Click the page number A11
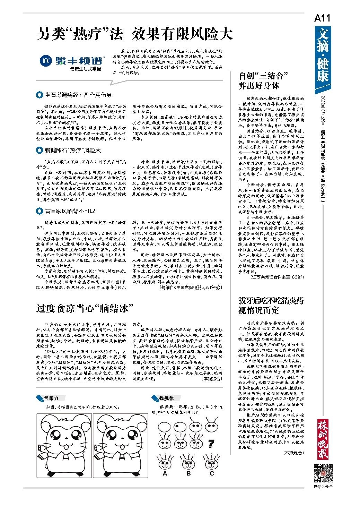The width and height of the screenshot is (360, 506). tap(322, 18)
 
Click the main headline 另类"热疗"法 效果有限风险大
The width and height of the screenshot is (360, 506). tap(134, 34)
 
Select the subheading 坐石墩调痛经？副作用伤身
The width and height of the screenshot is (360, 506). tap(78, 95)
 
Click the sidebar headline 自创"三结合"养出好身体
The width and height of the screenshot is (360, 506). tap(263, 80)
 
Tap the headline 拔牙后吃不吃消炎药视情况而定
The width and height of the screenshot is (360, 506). tap(271, 305)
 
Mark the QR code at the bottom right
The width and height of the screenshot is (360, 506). tap(323, 472)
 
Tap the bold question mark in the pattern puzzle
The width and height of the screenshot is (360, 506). tap(210, 443)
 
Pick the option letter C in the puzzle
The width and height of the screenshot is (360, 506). tap(212, 473)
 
